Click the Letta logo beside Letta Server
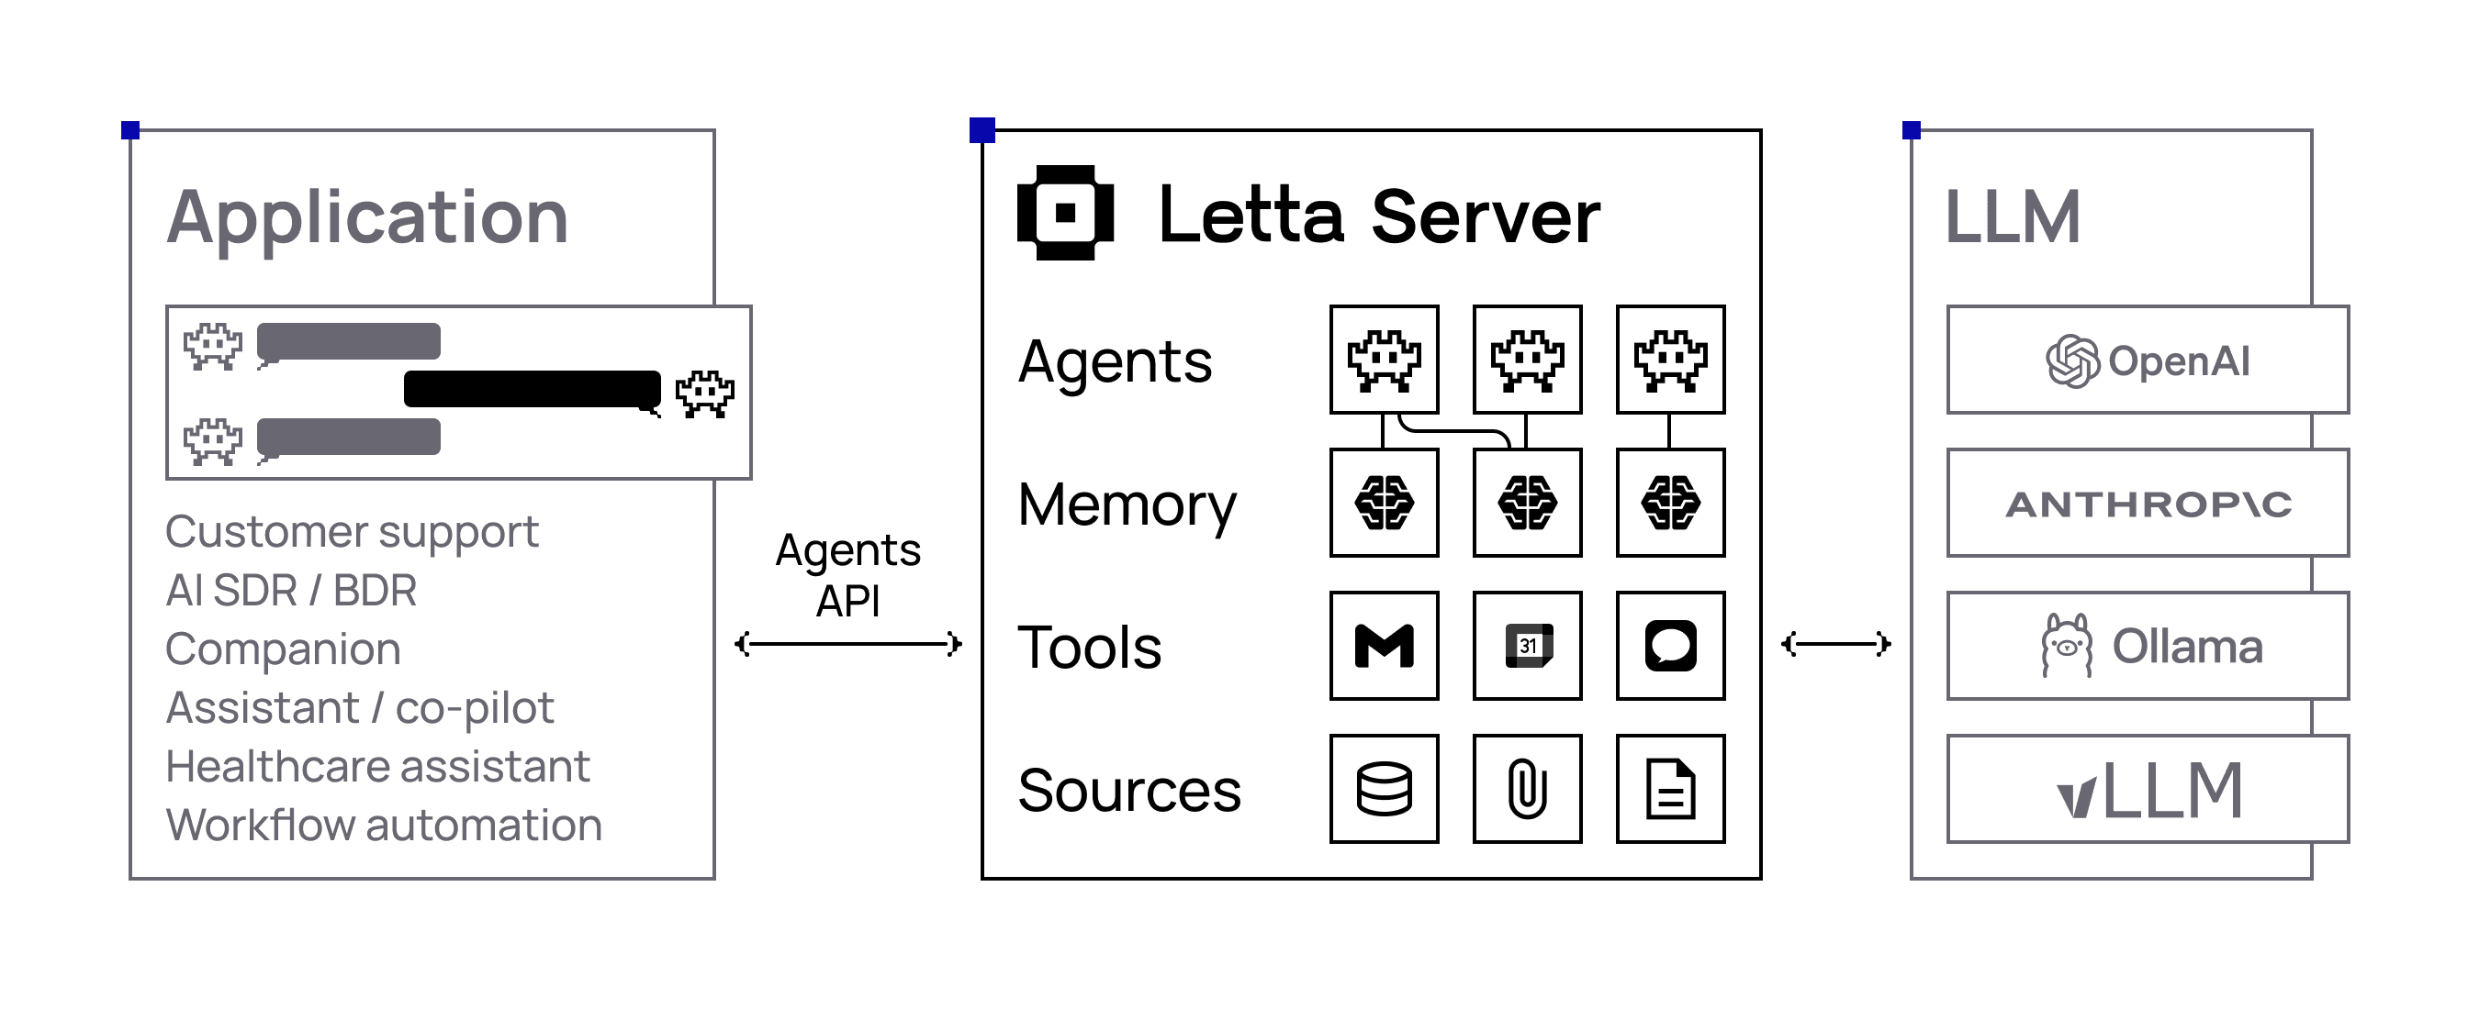[1064, 213]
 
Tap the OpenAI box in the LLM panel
[2147, 360]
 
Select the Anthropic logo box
[2147, 503]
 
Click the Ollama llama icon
[2066, 646]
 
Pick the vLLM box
[2147, 789]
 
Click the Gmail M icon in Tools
[1384, 646]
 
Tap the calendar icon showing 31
[1527, 646]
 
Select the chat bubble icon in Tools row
[1670, 646]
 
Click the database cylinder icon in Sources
[1384, 789]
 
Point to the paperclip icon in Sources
[1527, 789]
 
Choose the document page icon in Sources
[1670, 789]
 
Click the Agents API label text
[847, 575]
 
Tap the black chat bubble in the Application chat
[533, 389]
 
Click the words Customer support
[352, 532]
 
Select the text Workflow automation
[384, 826]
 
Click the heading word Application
[367, 217]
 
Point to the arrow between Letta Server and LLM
[1835, 644]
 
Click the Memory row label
[1126, 505]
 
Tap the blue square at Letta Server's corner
[982, 130]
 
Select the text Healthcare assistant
[377, 767]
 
